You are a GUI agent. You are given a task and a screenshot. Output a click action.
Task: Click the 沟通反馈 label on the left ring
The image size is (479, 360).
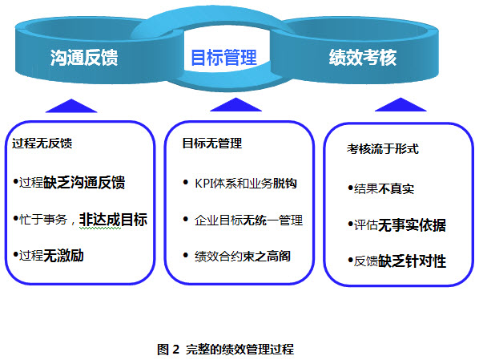point(83,58)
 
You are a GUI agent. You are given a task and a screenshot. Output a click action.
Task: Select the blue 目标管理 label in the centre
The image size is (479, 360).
point(223,58)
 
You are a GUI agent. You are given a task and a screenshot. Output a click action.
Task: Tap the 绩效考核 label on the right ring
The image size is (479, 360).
point(363,58)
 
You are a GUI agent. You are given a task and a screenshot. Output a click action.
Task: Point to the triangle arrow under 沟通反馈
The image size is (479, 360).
point(72,105)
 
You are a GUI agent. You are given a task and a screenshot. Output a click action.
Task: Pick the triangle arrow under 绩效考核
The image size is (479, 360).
point(401,104)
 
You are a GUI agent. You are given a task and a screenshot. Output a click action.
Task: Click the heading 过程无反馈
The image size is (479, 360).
point(42,144)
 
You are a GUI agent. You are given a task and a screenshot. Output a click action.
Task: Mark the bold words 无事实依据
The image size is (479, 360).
point(411,225)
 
